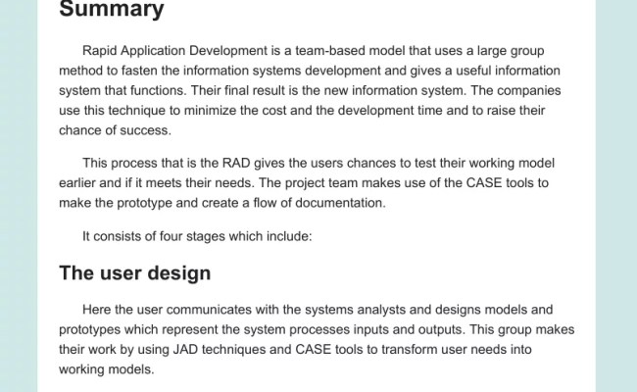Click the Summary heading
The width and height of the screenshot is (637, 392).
point(111,12)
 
